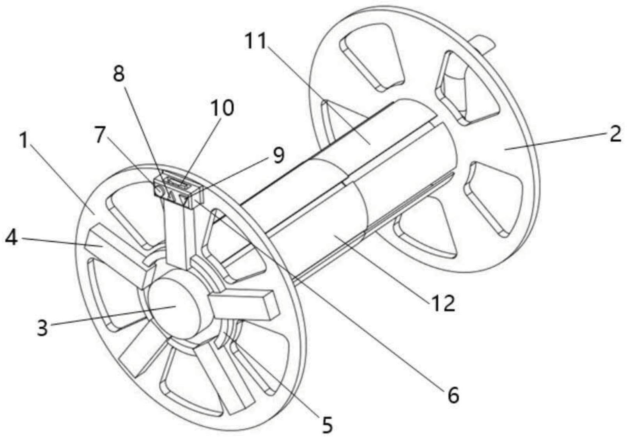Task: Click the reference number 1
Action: [x=25, y=141]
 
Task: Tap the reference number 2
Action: [x=615, y=134]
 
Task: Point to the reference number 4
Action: [x=11, y=237]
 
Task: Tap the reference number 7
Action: [x=101, y=135]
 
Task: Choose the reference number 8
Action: [x=119, y=73]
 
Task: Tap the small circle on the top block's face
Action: [x=159, y=191]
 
